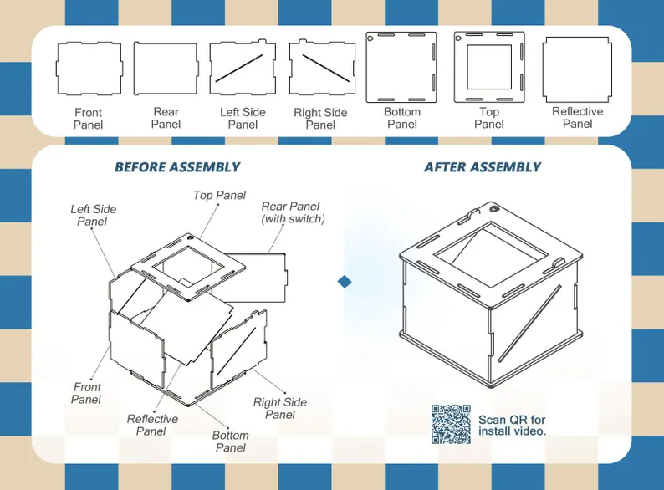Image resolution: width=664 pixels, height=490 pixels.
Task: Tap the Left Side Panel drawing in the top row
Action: coord(243,68)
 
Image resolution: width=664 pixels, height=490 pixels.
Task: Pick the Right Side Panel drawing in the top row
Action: coord(320,68)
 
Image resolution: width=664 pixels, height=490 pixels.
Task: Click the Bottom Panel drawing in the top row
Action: coord(402,67)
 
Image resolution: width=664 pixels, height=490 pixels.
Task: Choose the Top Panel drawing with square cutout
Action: coord(489,67)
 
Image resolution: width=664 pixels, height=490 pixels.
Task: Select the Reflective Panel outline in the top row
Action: coord(577,68)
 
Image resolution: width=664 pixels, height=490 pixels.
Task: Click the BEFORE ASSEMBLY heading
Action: coord(177,167)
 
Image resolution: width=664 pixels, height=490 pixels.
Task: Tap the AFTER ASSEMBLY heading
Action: coord(483,167)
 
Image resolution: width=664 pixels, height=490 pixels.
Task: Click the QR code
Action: coord(452,424)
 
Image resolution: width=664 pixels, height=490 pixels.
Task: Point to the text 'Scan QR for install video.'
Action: coord(512,426)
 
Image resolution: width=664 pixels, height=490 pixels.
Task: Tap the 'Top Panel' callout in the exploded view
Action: coord(219,196)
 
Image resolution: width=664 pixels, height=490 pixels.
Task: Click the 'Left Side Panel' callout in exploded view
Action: coord(94,215)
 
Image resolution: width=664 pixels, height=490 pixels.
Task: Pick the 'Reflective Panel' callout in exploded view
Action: coord(152,425)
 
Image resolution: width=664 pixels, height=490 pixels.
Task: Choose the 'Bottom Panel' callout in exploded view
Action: coord(230,441)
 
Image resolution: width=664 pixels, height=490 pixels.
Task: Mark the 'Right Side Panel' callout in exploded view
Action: coord(280,408)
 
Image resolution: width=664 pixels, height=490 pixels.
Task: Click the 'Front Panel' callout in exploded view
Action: coord(86,393)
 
